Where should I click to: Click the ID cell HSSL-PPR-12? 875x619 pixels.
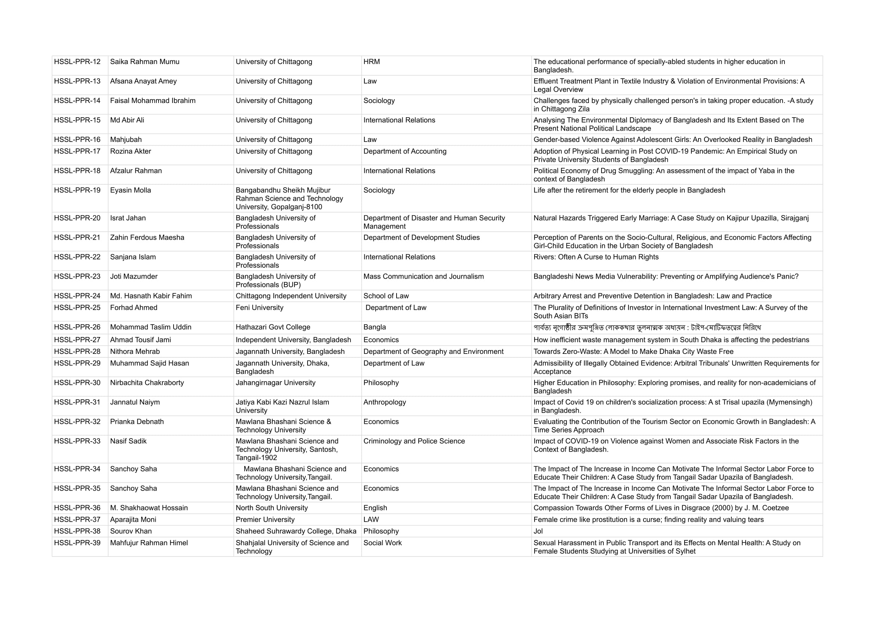(77, 62)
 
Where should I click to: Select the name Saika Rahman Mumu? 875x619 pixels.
(144, 62)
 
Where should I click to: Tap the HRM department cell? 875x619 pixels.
(371, 62)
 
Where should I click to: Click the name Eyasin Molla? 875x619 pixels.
(130, 190)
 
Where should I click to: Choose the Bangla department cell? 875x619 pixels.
(374, 327)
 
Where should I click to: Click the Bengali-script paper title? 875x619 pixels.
(647, 328)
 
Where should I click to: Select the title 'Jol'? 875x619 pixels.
(538, 531)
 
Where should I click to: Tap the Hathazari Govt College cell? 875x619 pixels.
(273, 327)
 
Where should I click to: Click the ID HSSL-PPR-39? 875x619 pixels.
(77, 543)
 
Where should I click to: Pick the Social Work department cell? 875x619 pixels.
(382, 543)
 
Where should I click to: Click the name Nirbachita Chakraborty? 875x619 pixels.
(147, 383)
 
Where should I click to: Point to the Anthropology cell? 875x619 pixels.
(385, 403)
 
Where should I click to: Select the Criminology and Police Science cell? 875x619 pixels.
(414, 441)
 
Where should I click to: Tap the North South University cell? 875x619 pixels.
(271, 508)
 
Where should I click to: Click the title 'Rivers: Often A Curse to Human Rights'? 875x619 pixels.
(596, 257)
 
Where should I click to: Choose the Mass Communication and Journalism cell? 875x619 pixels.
(423, 276)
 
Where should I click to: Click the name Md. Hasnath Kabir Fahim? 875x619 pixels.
(151, 296)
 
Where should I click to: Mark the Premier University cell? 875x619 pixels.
(265, 520)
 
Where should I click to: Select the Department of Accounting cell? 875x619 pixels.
(405, 151)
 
